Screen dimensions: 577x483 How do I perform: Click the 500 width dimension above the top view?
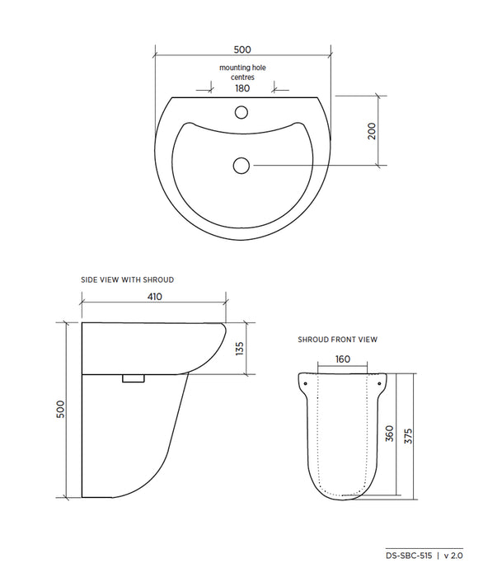point(242,49)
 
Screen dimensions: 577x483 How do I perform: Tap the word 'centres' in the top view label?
point(242,77)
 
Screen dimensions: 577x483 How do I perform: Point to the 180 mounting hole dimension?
point(242,88)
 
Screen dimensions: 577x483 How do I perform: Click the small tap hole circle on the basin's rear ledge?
point(242,112)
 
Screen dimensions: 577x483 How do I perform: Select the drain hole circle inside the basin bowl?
point(241,166)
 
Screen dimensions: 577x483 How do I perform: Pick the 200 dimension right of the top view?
point(372,130)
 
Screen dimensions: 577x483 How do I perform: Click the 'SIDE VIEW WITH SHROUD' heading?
point(127,279)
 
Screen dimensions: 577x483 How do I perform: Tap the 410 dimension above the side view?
point(154,297)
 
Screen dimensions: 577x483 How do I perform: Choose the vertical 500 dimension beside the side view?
point(60,410)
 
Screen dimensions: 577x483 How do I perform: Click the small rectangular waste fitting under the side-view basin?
point(134,378)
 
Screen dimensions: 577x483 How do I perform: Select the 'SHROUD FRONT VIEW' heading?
point(337,340)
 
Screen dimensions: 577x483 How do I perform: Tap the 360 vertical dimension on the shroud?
point(388,434)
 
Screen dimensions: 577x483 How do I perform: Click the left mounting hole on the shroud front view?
point(306,382)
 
